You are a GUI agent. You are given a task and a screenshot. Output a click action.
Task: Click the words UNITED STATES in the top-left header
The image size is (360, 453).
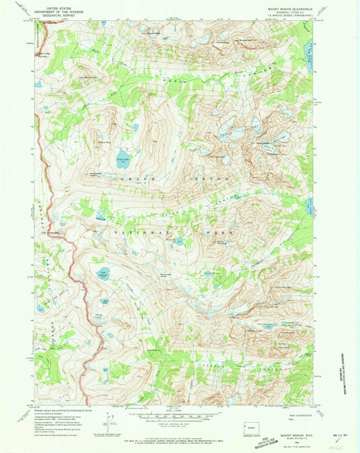(59, 4)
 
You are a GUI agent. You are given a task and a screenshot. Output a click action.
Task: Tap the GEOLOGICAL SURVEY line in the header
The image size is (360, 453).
(59, 14)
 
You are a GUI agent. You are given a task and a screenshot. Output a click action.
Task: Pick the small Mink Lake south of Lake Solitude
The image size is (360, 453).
(105, 302)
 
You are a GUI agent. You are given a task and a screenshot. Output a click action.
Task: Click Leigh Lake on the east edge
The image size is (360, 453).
(311, 205)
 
